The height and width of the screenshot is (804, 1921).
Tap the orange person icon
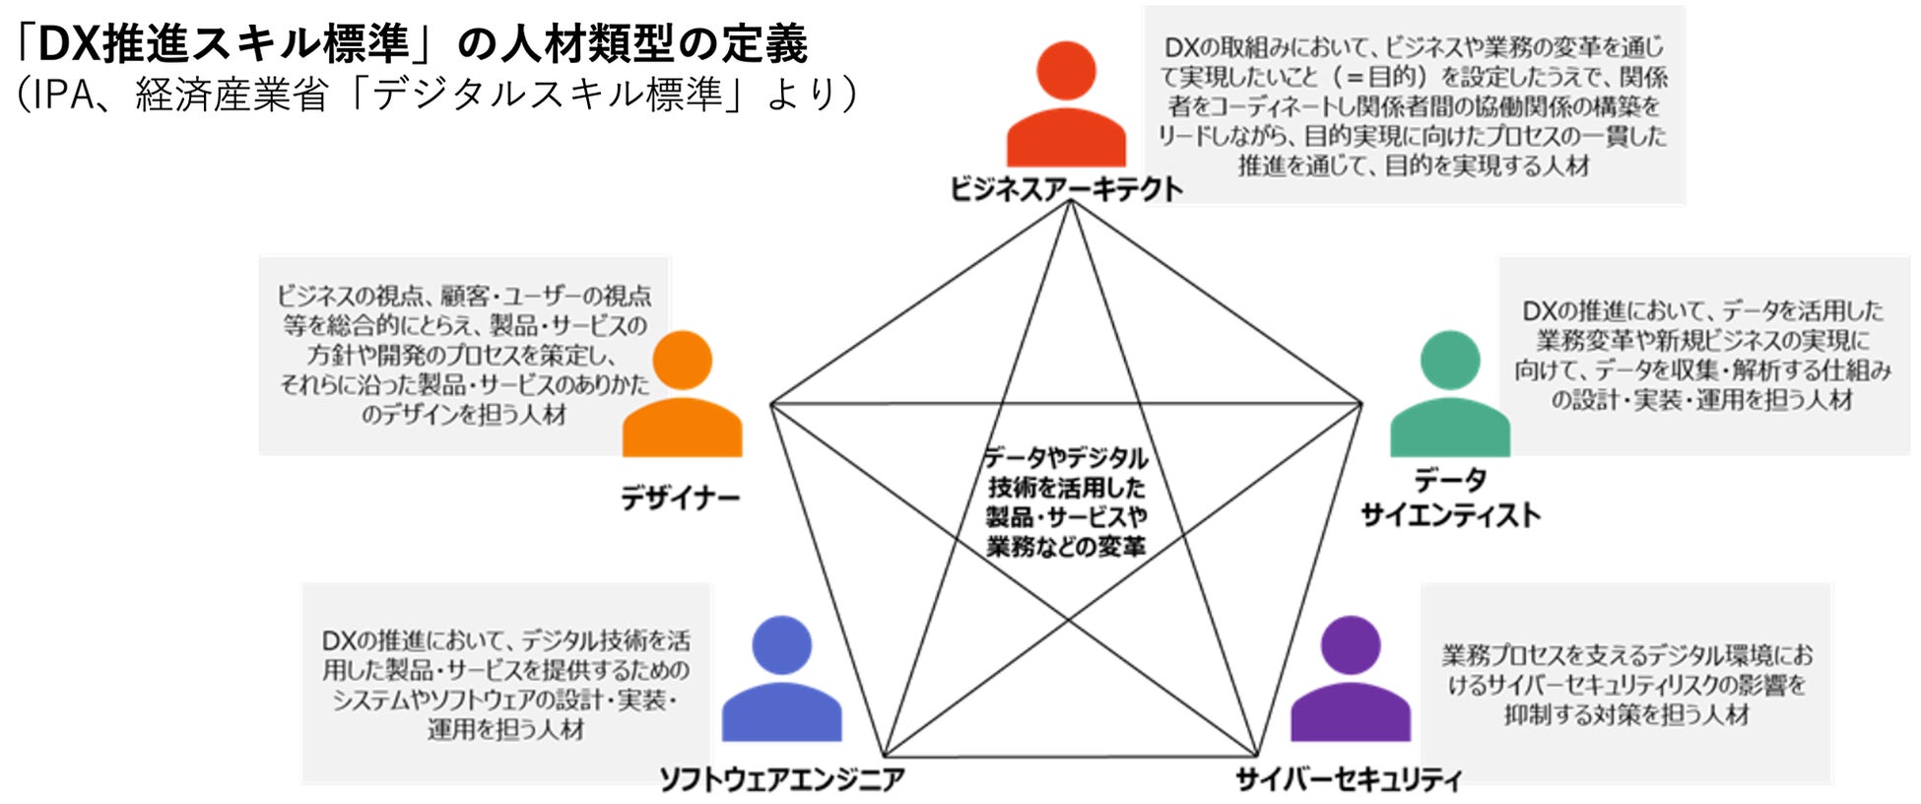click(682, 397)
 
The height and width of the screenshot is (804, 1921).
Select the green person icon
click(1449, 397)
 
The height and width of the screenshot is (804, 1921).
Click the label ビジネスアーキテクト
click(1066, 188)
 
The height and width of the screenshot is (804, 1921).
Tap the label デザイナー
click(680, 498)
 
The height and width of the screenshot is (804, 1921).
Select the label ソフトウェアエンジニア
click(781, 779)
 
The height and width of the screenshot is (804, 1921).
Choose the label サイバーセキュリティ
click(1349, 779)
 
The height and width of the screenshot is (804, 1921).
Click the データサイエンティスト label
click(1450, 498)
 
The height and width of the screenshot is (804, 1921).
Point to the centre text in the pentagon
click(1066, 502)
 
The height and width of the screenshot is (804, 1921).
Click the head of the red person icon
click(1066, 70)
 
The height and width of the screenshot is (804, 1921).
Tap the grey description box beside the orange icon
click(463, 355)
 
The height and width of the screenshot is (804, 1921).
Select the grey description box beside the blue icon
click(505, 684)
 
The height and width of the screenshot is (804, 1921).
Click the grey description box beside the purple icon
click(1625, 684)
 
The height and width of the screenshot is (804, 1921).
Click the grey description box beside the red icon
click(1414, 104)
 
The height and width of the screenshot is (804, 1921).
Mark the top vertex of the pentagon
click(1070, 201)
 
